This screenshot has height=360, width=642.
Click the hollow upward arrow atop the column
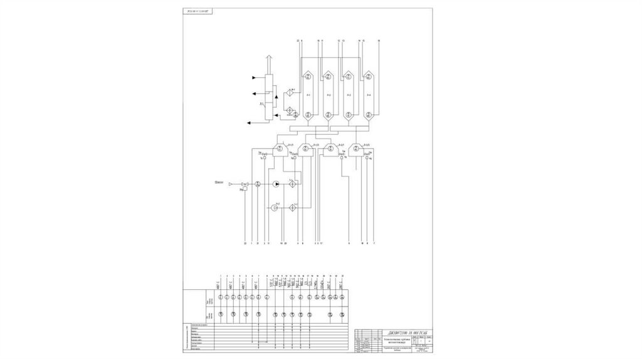tap(268, 60)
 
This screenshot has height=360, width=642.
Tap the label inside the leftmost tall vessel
tap(308, 95)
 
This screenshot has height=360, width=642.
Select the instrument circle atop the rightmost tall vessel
tap(369, 77)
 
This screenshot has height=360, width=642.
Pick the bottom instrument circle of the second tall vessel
tap(328, 115)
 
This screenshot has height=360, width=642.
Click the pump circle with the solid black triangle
tap(275, 184)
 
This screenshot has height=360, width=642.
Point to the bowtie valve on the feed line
tap(245, 184)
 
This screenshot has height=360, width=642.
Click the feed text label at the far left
tap(219, 183)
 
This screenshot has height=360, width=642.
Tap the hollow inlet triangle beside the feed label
tap(231, 184)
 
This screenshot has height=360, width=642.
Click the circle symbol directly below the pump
tap(275, 206)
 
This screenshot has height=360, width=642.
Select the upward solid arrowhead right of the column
tap(276, 98)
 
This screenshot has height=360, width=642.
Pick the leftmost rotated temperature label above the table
tap(218, 284)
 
